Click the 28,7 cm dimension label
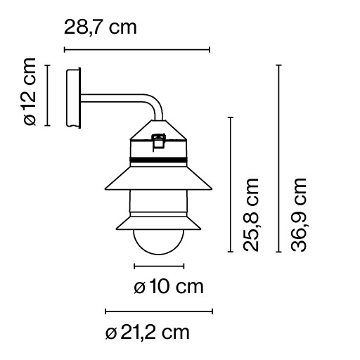pyautogui.click(x=100, y=28)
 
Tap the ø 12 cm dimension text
pyautogui.click(x=28, y=95)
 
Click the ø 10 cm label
pyautogui.click(x=168, y=287)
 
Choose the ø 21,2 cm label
pyautogui.click(x=147, y=332)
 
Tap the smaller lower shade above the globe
pyautogui.click(x=159, y=222)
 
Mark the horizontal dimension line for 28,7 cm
pyautogui.click(x=137, y=50)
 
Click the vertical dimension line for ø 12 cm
pyautogui.click(x=47, y=95)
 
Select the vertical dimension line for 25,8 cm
pyautogui.click(x=231, y=184)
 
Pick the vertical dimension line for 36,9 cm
pyautogui.click(x=279, y=158)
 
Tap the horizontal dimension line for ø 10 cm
pyautogui.click(x=159, y=266)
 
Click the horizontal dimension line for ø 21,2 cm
pyautogui.click(x=159, y=311)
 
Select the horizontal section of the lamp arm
pyautogui.click(x=112, y=96)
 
